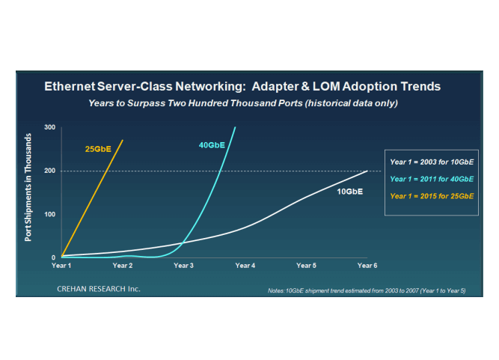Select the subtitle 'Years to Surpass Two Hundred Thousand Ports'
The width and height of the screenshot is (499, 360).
[x=242, y=102]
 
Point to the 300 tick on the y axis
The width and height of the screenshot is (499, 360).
[x=50, y=127]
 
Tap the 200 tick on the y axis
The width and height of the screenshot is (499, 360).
[x=50, y=171]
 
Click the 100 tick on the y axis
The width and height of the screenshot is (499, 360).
[x=50, y=214]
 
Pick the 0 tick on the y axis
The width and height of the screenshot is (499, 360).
[x=53, y=257]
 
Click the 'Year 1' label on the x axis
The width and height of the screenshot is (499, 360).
[x=61, y=266]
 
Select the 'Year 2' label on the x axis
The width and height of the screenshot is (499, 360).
[x=123, y=266]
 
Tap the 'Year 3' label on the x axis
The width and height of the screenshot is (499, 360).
[x=184, y=266]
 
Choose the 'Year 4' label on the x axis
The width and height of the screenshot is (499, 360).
[x=245, y=266]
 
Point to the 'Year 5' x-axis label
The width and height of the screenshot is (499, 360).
[x=306, y=266]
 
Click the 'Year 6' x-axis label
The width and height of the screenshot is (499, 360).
[x=367, y=266]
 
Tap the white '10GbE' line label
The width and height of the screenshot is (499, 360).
[x=349, y=192]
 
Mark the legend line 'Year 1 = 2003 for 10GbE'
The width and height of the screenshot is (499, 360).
[x=432, y=161]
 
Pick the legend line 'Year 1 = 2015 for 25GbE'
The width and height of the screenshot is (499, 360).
[x=432, y=195]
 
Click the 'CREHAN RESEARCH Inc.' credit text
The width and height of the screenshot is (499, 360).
[x=100, y=288]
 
